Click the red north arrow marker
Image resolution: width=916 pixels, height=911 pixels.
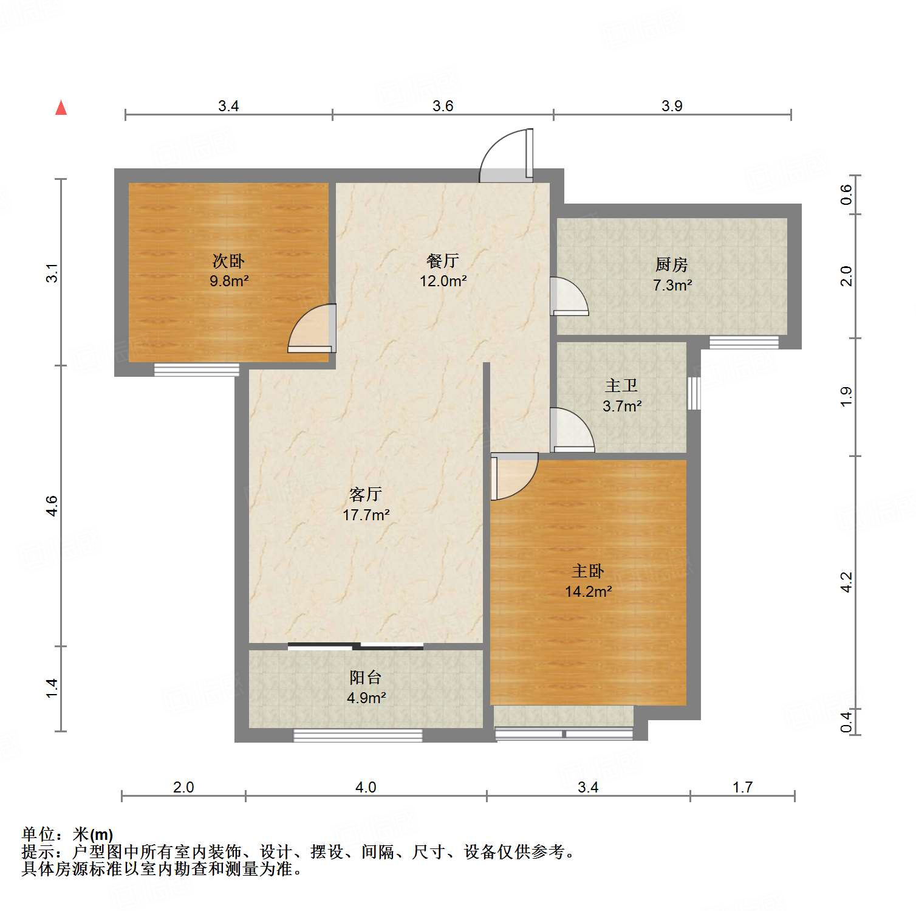click(x=61, y=108)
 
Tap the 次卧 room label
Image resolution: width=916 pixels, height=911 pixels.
click(x=228, y=261)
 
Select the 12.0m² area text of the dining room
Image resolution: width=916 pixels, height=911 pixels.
click(x=443, y=281)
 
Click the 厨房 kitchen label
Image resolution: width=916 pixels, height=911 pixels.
click(x=671, y=265)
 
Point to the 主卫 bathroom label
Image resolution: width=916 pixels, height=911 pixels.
click(x=621, y=386)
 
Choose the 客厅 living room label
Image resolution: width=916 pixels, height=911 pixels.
click(x=365, y=494)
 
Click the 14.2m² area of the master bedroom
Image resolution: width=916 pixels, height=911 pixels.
click(x=588, y=591)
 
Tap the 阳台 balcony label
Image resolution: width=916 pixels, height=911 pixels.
click(x=365, y=678)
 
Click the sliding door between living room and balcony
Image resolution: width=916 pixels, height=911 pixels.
click(x=355, y=646)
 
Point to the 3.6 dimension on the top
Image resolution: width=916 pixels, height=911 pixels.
click(x=443, y=106)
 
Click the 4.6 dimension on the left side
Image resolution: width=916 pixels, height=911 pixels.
click(x=52, y=506)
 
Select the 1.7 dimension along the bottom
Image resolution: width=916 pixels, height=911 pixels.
click(x=742, y=788)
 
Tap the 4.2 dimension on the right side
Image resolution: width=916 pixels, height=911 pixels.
click(x=847, y=582)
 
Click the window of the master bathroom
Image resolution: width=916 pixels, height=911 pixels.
click(x=694, y=393)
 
